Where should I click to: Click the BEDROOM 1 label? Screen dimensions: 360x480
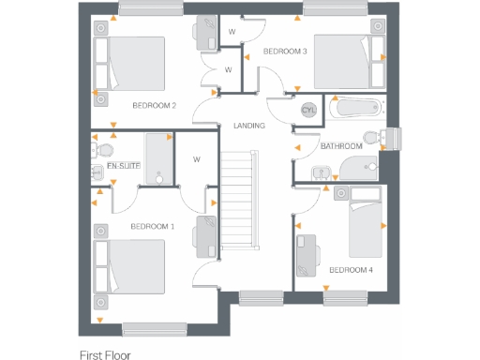click(x=152, y=226)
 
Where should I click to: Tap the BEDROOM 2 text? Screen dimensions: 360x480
click(x=154, y=105)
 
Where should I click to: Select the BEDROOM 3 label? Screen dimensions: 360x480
click(x=285, y=51)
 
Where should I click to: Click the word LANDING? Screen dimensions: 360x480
click(x=249, y=126)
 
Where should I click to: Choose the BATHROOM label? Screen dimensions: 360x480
click(x=341, y=146)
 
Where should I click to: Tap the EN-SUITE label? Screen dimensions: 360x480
click(x=123, y=166)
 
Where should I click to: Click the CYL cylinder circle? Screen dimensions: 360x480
click(x=308, y=110)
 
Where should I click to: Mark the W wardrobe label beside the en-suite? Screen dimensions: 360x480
click(x=197, y=158)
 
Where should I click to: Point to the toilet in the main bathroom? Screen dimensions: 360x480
click(x=376, y=138)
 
